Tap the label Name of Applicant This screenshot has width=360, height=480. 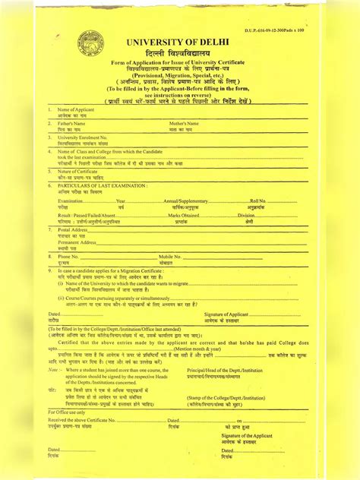76,111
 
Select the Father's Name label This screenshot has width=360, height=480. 71,122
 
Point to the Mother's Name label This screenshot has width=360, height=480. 184,122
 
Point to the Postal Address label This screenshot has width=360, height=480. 73,229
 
